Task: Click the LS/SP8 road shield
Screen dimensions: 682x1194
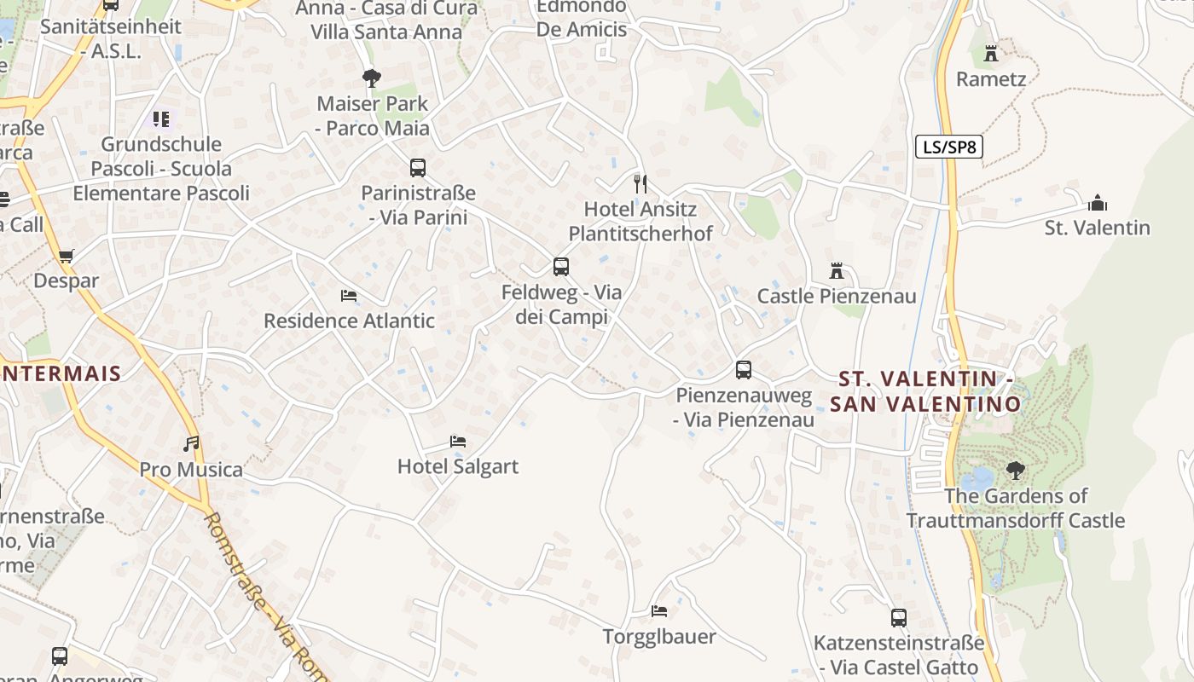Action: (x=948, y=147)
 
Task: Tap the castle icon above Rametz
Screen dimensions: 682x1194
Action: (x=990, y=54)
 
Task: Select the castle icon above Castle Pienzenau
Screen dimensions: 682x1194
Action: (x=837, y=271)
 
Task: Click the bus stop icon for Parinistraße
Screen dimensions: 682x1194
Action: (x=417, y=168)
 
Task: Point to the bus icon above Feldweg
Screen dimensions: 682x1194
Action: (x=560, y=267)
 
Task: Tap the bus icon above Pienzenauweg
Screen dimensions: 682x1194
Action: (x=743, y=370)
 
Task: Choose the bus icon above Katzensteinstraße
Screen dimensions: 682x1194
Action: (x=898, y=618)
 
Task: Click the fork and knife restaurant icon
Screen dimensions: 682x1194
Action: (x=640, y=183)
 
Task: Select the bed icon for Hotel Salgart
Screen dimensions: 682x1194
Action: (x=458, y=442)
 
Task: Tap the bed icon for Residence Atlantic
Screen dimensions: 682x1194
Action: (x=348, y=296)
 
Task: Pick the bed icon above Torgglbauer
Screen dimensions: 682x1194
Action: (x=658, y=611)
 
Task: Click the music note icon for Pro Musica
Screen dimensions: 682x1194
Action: (x=191, y=444)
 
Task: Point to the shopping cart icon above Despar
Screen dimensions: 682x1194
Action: (x=66, y=256)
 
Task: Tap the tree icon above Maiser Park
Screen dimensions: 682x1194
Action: (x=371, y=78)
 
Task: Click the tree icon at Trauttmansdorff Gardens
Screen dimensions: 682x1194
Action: (x=1015, y=470)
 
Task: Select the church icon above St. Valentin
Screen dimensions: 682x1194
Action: (x=1097, y=203)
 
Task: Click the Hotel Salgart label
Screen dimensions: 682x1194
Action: (x=458, y=466)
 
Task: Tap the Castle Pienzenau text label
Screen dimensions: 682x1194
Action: (x=837, y=296)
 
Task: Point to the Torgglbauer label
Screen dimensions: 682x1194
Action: (x=659, y=636)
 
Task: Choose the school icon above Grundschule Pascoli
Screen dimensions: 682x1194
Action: (x=161, y=119)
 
